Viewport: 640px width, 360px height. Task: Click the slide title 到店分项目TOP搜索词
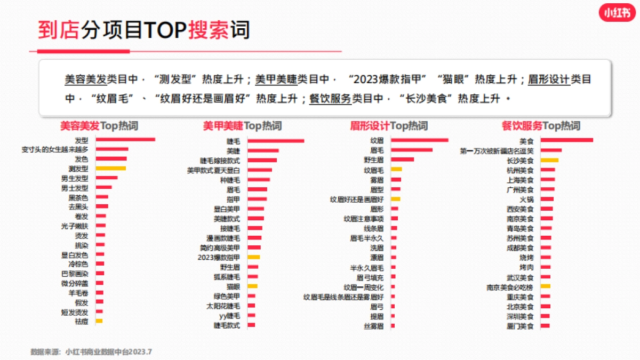(x=144, y=30)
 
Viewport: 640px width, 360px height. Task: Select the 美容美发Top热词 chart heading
(x=99, y=126)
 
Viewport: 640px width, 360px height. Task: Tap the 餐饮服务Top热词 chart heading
(x=541, y=126)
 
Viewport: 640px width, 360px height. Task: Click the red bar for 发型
(x=125, y=140)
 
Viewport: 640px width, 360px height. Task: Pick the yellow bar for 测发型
(x=111, y=169)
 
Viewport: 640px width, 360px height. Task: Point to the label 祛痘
(x=82, y=322)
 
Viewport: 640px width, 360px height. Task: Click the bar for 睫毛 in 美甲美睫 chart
(x=276, y=141)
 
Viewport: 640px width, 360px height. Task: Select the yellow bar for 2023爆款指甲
(x=254, y=257)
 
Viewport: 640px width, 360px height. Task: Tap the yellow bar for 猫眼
(x=253, y=286)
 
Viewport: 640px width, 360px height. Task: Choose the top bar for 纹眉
(x=419, y=140)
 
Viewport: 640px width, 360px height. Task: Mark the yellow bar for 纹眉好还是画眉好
(x=395, y=199)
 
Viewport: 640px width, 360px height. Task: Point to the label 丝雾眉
(x=373, y=326)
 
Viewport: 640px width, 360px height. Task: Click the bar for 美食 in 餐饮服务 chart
(x=566, y=140)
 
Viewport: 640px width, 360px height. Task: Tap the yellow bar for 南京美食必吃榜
(x=545, y=286)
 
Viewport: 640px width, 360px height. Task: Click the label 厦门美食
(x=520, y=326)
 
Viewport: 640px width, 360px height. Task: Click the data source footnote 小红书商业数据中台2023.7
(x=91, y=352)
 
